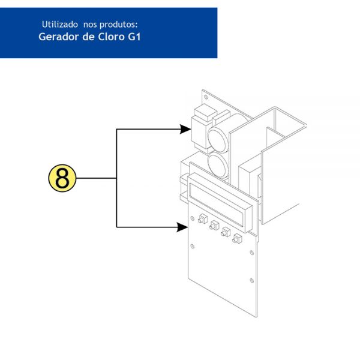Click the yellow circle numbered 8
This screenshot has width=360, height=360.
pyautogui.click(x=62, y=178)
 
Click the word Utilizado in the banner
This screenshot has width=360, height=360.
pyautogui.click(x=59, y=25)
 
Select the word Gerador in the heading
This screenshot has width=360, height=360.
pyautogui.click(x=59, y=37)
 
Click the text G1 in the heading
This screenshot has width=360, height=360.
pyautogui.click(x=134, y=37)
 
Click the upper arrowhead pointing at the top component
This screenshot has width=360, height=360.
pyautogui.click(x=185, y=129)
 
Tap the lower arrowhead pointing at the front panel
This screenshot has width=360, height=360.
pyautogui.click(x=182, y=227)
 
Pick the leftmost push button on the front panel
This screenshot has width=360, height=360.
pyautogui.click(x=203, y=218)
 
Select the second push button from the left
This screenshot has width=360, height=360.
pyautogui.click(x=214, y=225)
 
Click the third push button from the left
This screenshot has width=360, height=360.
pyautogui.click(x=226, y=232)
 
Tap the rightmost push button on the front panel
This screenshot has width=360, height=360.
pyautogui.click(x=237, y=239)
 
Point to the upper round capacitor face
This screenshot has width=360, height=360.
pyautogui.click(x=217, y=140)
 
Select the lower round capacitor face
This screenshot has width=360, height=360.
pyautogui.click(x=218, y=166)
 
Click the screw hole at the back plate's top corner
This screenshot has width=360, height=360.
pyautogui.click(x=206, y=97)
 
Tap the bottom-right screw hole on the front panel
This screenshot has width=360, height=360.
pyautogui.click(x=251, y=281)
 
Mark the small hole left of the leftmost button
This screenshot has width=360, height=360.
pyautogui.click(x=193, y=218)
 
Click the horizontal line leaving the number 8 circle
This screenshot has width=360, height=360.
pyautogui.click(x=97, y=178)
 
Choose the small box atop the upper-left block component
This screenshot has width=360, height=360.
pyautogui.click(x=205, y=112)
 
